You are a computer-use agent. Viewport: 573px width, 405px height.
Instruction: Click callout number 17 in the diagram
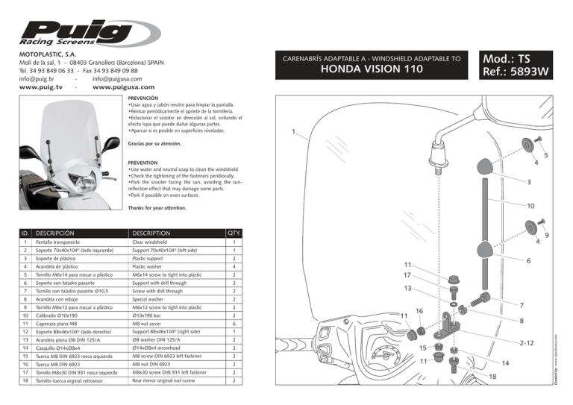pos(407,275)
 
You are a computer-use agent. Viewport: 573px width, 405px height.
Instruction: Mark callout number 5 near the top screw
pos(545,156)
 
